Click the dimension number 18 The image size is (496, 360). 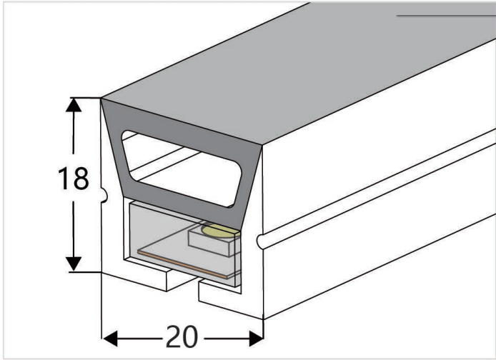(74, 179)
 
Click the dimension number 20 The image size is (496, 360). (182, 337)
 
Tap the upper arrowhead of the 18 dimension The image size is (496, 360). (74, 105)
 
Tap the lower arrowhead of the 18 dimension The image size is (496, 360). (74, 264)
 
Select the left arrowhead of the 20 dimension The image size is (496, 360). (110, 339)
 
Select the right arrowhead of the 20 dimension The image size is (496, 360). (256, 339)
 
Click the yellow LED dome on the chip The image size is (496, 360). (219, 231)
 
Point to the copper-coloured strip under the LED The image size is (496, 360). (182, 265)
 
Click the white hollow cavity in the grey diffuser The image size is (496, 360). (182, 169)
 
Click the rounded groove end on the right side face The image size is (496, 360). (260, 241)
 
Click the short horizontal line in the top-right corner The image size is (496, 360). (446, 15)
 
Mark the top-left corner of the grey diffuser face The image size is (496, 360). (101, 99)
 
